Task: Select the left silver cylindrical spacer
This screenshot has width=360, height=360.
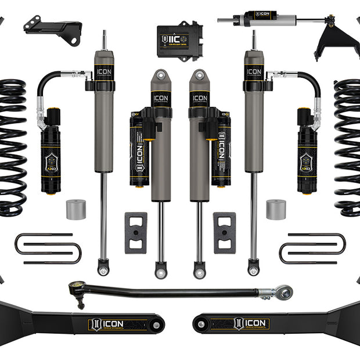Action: point(75,210)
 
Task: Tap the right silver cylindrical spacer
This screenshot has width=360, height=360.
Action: point(276,210)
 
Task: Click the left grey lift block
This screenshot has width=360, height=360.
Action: point(135,232)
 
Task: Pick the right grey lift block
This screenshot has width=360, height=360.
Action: point(224,232)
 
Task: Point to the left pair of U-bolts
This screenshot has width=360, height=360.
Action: point(48,249)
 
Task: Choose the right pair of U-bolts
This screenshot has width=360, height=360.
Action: point(312,249)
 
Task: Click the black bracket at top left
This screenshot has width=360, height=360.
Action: point(53,30)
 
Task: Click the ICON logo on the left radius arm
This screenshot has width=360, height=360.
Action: point(109,323)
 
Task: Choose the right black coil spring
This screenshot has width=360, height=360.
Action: point(347,148)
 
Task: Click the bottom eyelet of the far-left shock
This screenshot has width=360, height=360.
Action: point(104,270)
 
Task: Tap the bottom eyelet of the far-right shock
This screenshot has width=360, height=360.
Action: point(253,270)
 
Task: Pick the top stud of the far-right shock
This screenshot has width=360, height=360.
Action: point(253,39)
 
